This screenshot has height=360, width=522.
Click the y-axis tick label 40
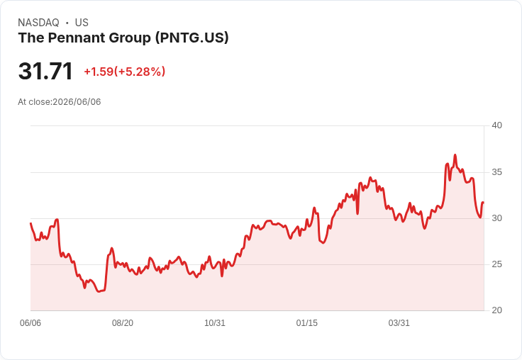pyautogui.click(x=496, y=125)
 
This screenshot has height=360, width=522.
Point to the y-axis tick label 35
pyautogui.click(x=496, y=172)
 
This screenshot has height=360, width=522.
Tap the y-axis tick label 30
pyautogui.click(x=496, y=218)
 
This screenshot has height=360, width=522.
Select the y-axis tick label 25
pyautogui.click(x=496, y=264)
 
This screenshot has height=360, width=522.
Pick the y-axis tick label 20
pyautogui.click(x=496, y=310)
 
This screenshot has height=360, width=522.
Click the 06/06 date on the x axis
pyautogui.click(x=30, y=323)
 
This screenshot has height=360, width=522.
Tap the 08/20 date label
pyautogui.click(x=123, y=323)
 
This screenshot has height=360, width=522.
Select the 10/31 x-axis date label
pyautogui.click(x=215, y=323)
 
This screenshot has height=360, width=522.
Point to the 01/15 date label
pyautogui.click(x=307, y=323)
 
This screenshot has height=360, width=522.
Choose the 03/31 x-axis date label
pyautogui.click(x=399, y=323)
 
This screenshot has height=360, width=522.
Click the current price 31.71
pyautogui.click(x=45, y=71)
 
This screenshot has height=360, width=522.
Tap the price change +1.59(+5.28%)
pyautogui.click(x=125, y=72)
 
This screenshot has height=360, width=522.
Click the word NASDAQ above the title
pyautogui.click(x=38, y=23)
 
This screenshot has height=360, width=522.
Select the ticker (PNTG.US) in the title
pyautogui.click(x=192, y=38)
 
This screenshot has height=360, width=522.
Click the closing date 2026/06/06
pyautogui.click(x=77, y=102)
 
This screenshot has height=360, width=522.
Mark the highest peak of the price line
pyautogui.click(x=455, y=154)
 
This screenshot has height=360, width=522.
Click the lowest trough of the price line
pyautogui.click(x=99, y=291)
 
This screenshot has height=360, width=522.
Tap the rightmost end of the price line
pyautogui.click(x=483, y=202)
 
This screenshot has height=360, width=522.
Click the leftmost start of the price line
pyautogui.click(x=30, y=223)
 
